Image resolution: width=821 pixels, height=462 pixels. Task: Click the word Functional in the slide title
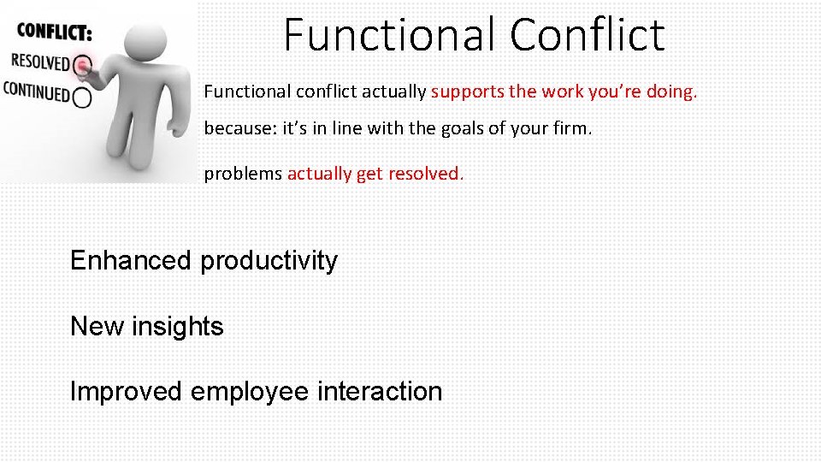coord(390,35)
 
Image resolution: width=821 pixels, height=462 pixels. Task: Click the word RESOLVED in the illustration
coord(39,62)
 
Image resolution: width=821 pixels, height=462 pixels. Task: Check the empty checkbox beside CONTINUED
coord(83,98)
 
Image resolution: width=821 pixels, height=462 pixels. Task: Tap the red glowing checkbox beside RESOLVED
coord(82,65)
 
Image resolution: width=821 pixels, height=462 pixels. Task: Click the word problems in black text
coord(243,174)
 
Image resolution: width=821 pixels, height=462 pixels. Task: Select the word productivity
coord(269,260)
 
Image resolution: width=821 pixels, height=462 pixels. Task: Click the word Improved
coord(127,392)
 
